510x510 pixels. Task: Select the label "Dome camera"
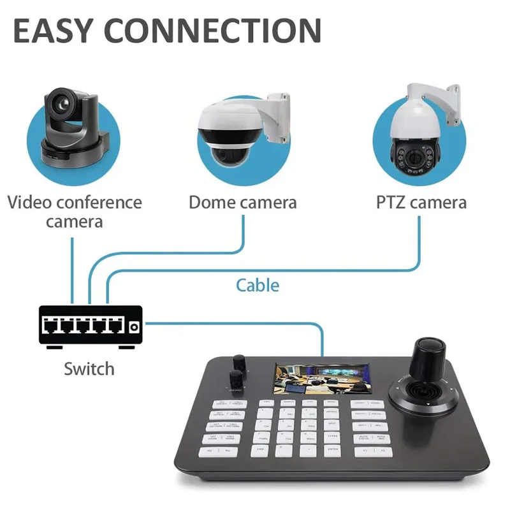242,203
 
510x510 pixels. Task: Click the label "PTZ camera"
420,203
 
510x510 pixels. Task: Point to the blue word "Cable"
258,284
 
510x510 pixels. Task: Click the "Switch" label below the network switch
89,368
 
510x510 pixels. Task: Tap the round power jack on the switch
134,327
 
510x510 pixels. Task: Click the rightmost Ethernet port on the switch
115,326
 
